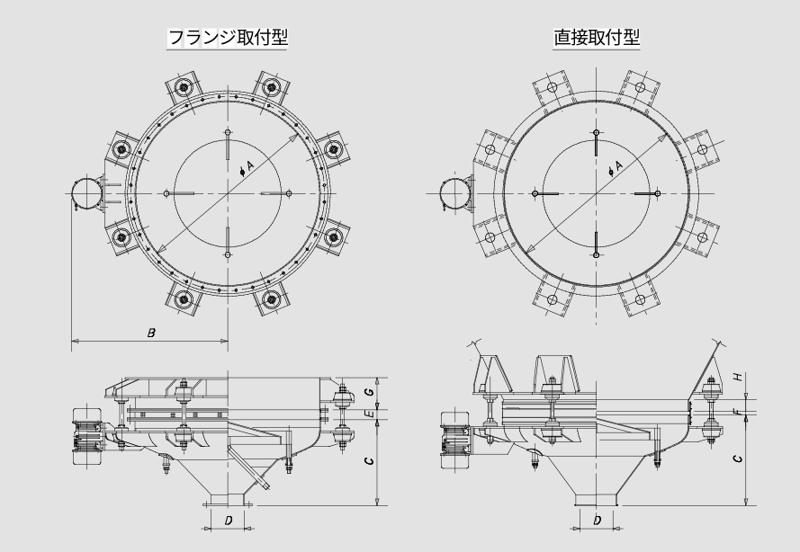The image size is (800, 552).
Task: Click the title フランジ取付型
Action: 228,37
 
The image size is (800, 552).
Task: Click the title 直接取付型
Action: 597,37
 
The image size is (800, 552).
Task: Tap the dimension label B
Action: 151,334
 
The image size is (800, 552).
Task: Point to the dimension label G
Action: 371,391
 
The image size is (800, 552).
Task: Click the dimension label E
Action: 372,413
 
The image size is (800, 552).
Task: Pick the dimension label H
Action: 737,377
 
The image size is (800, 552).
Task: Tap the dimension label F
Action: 736,411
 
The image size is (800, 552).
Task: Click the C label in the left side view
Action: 370,461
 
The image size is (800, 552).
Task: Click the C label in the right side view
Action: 738,459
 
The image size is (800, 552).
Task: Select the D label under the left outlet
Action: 229,521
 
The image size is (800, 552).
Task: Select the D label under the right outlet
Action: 597,521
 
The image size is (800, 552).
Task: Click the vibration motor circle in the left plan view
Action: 86,193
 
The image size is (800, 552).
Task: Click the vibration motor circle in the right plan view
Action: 455,193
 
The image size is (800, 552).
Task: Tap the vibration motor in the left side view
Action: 88,436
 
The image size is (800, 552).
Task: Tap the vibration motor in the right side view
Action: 456,440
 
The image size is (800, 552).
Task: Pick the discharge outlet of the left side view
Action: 228,499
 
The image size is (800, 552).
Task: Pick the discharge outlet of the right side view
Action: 597,499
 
